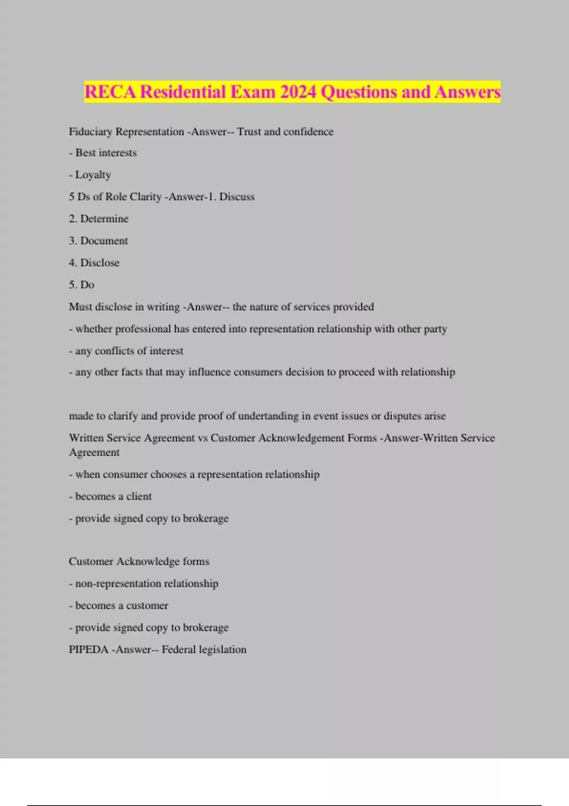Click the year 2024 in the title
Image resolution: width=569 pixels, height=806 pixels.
pos(298,92)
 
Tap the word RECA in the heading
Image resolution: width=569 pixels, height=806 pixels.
pos(110,92)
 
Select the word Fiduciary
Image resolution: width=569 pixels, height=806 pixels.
pos(91,132)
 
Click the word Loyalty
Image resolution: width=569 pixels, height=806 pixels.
pos(93,175)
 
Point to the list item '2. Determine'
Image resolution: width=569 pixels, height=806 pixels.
pos(99,219)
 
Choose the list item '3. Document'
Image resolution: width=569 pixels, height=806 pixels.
pos(98,241)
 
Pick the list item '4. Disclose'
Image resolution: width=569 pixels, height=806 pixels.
pos(94,263)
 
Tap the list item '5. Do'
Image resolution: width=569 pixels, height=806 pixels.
pos(82,285)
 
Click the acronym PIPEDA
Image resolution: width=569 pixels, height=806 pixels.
pos(89,650)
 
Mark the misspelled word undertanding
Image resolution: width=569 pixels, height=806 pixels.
pos(268,416)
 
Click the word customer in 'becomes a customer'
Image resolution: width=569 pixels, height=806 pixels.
pos(147,605)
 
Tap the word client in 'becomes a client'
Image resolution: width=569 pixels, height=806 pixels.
pos(139,496)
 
